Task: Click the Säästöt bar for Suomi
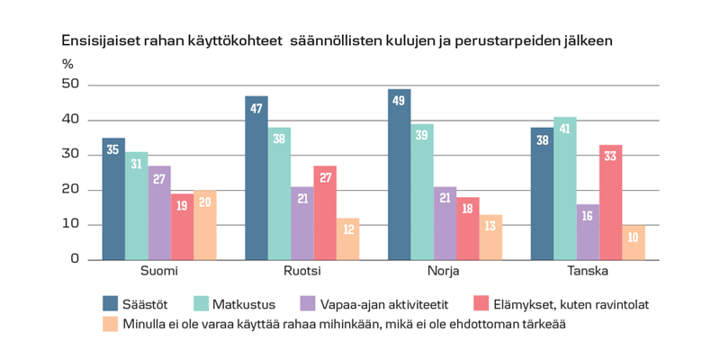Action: pos(113,199)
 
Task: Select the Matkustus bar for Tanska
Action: pos(565,188)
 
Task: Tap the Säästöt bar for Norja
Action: pos(400,175)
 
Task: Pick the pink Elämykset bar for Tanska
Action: pos(611,202)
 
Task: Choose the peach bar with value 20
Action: pos(205,225)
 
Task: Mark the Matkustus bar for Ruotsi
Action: pos(279,193)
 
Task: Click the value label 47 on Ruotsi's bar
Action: pos(256,109)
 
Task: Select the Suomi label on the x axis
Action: pos(158,272)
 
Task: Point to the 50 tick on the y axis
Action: pos(71,85)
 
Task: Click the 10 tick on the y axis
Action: pos(71,224)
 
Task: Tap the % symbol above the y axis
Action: pos(67,64)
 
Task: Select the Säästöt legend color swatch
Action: pos(111,304)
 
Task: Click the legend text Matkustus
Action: pos(238,304)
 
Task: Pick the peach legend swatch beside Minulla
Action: pos(111,322)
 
